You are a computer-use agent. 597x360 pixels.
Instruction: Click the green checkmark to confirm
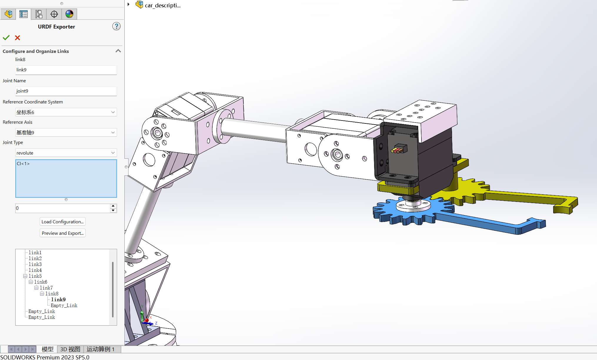(6, 38)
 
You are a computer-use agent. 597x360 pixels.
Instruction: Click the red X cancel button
(18, 38)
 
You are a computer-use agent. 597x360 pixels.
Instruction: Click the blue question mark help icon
(116, 26)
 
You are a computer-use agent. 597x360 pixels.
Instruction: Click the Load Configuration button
(62, 222)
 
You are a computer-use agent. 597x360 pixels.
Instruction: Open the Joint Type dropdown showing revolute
(66, 153)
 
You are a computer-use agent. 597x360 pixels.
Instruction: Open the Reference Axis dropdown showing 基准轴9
(66, 133)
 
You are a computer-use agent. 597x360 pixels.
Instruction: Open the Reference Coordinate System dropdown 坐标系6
(66, 112)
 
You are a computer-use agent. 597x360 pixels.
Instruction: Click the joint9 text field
(66, 91)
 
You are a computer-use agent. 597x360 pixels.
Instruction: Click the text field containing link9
(66, 70)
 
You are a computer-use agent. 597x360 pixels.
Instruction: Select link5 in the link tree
(35, 276)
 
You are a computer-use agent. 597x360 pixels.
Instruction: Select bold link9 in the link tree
(58, 299)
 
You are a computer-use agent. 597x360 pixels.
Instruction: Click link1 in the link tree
(35, 252)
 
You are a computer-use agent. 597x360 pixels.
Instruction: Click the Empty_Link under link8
(64, 305)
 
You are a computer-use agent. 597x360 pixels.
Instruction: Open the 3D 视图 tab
(70, 349)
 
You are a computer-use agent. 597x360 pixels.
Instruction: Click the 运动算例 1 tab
(100, 349)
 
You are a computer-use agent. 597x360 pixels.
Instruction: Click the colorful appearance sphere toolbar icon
(69, 14)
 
